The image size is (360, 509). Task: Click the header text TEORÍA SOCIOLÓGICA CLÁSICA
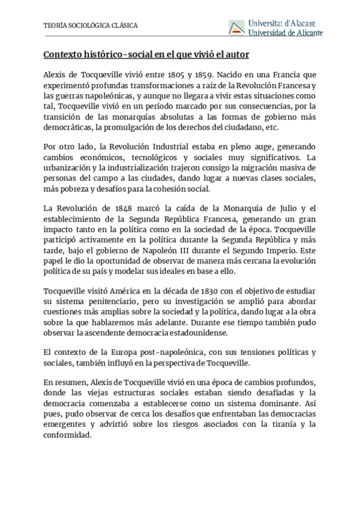[x=91, y=26]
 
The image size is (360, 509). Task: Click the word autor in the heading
[x=236, y=55]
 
